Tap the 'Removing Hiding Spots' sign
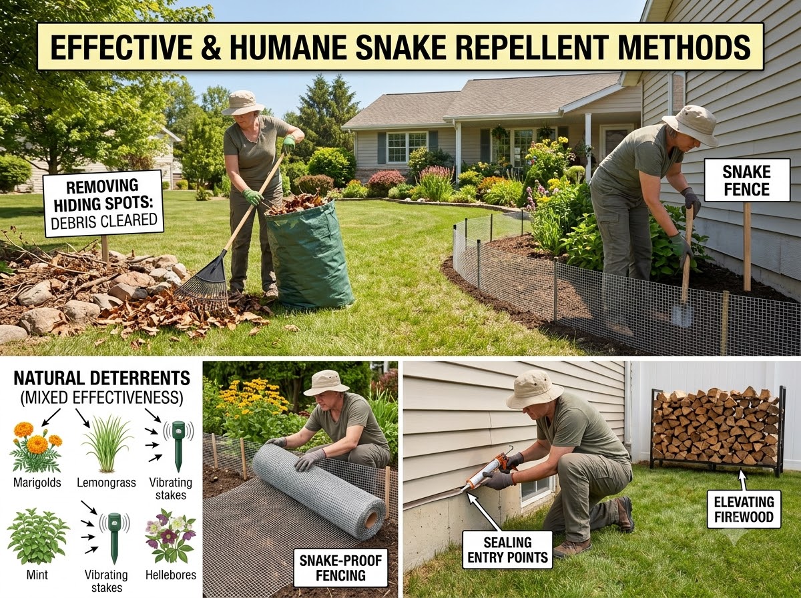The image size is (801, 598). coord(103,204)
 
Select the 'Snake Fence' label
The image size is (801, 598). coord(747,180)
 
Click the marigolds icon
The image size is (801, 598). coord(37,446)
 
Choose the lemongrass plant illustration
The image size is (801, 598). coord(107,444)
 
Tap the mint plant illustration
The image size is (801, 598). coord(37,537)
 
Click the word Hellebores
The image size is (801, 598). coord(171,575)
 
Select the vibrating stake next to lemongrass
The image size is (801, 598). coord(178,446)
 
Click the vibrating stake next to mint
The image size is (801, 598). coord(114,538)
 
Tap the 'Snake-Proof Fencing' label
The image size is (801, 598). coord(340,568)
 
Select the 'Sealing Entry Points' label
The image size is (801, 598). coord(507,549)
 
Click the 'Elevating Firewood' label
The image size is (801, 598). coord(744,510)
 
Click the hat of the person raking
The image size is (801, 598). coord(242,103)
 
